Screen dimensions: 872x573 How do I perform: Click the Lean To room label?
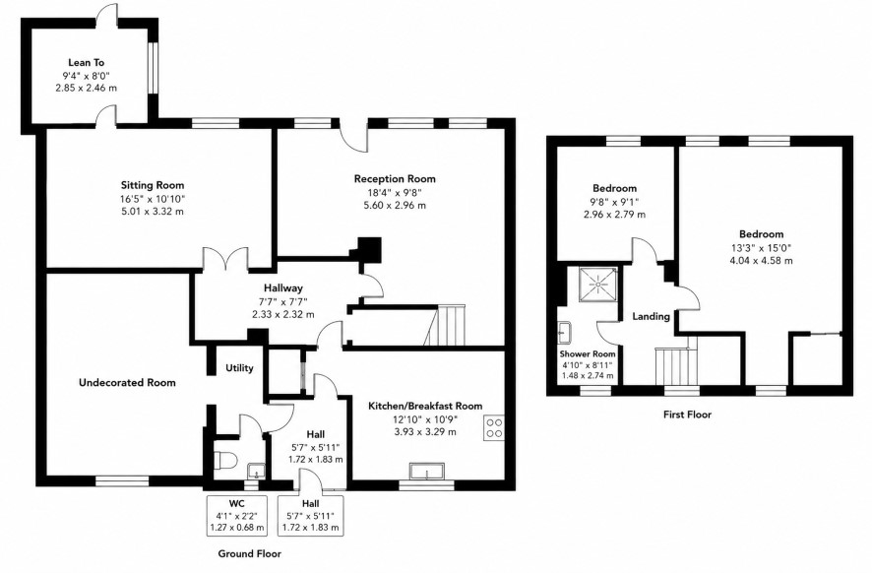click(x=87, y=63)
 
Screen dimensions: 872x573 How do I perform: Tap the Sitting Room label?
click(x=153, y=185)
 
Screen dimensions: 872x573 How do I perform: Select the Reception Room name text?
click(x=395, y=178)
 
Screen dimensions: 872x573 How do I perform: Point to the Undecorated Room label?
click(x=127, y=383)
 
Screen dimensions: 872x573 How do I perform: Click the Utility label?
click(x=239, y=367)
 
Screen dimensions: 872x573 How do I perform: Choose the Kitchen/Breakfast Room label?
click(x=425, y=406)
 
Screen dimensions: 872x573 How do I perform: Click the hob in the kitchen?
click(x=494, y=428)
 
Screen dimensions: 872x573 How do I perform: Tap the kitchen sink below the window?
click(x=427, y=471)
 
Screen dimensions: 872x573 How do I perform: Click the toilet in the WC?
click(x=224, y=461)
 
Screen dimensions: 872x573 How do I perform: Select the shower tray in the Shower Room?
click(x=597, y=285)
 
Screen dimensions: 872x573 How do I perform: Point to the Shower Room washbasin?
click(x=563, y=332)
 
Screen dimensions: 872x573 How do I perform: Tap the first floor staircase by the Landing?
click(x=676, y=365)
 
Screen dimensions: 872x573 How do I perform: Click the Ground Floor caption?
click(x=249, y=553)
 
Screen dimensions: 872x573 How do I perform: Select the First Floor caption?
click(x=687, y=414)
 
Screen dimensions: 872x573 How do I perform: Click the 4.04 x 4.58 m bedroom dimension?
click(x=762, y=260)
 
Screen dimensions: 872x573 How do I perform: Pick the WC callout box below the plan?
click(x=237, y=516)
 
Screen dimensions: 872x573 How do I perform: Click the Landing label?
click(x=652, y=317)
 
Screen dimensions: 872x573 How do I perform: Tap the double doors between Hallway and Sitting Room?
click(x=225, y=260)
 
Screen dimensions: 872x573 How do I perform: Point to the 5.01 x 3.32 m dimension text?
click(x=153, y=212)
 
